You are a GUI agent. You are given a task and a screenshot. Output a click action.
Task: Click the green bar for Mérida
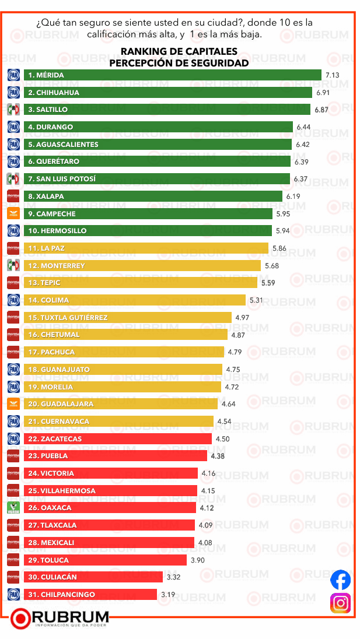175,75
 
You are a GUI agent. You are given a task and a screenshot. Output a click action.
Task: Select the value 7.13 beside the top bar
332,75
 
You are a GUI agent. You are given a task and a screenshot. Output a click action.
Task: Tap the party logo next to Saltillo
13,110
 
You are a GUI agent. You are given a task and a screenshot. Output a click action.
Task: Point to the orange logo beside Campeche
13,213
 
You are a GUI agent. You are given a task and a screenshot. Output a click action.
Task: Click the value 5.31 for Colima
257,300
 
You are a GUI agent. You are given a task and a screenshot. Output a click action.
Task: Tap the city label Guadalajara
56,404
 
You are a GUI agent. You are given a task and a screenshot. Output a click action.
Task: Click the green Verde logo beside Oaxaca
13,508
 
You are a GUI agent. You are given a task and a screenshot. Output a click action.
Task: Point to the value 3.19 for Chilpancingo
169,594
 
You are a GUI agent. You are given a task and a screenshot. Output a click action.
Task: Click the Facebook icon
341,580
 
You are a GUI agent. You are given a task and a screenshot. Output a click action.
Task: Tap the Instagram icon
341,602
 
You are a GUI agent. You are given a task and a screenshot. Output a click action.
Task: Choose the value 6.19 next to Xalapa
293,196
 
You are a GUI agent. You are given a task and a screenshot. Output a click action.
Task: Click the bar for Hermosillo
158,231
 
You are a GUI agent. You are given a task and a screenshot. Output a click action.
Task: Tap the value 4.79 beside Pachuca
235,352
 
